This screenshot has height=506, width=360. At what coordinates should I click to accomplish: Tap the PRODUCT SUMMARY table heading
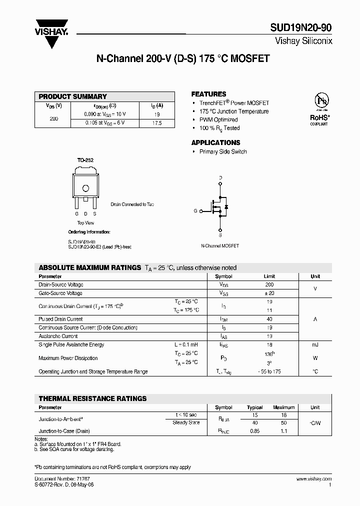[73, 96]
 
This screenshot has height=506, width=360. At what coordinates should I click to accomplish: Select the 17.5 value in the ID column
[156, 122]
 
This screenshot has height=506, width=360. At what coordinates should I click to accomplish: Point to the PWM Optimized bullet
[218, 120]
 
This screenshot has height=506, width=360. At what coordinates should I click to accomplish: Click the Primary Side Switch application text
[223, 151]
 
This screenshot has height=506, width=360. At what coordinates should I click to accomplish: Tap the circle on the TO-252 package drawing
[86, 188]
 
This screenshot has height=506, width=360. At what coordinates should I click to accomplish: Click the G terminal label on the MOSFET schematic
[195, 211]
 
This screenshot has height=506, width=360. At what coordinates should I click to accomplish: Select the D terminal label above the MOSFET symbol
[220, 178]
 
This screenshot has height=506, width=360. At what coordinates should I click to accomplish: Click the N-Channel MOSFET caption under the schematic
[220, 246]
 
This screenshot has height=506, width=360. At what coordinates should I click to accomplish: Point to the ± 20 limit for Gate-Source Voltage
[269, 293]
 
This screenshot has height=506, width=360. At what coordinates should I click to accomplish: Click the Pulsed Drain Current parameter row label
[60, 319]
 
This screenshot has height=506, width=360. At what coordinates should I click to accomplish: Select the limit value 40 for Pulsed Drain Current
[269, 319]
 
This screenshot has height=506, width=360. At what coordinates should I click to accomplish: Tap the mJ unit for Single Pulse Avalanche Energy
[315, 345]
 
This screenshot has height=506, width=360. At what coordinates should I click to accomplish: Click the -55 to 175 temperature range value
[269, 371]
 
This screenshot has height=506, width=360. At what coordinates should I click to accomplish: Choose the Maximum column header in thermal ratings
[283, 407]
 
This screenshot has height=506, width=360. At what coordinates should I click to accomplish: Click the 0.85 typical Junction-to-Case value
[255, 430]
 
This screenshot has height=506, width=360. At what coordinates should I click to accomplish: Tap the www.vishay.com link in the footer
[317, 479]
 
